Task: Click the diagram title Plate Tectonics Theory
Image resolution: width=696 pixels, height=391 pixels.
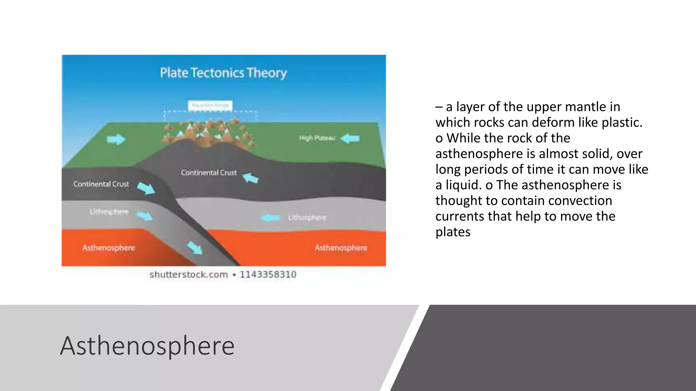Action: [223, 73]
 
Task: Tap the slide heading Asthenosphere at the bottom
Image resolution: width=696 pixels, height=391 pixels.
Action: [147, 346]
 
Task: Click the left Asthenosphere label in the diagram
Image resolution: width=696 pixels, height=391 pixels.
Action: [108, 248]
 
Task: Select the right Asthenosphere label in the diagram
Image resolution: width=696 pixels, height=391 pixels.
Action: [341, 248]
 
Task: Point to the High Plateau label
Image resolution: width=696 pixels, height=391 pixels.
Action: [317, 138]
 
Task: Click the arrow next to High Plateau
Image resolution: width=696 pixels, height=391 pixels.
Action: [350, 138]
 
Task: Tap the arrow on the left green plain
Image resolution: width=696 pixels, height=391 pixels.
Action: [116, 139]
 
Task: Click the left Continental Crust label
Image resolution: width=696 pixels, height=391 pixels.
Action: [101, 184]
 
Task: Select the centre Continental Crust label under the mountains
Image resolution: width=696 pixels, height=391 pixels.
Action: [209, 173]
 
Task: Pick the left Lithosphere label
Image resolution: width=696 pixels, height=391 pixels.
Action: [109, 212]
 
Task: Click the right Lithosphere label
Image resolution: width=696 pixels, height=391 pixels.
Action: [307, 218]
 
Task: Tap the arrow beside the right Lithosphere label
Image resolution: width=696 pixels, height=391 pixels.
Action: [271, 218]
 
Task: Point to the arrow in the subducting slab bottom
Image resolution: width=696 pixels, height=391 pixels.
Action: [195, 247]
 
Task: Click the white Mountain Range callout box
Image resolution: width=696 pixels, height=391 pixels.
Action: [210, 106]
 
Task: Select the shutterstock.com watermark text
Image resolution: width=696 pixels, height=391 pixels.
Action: [189, 275]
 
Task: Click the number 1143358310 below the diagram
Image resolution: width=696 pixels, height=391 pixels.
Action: [268, 275]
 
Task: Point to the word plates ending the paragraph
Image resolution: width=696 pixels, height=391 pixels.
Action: [453, 232]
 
